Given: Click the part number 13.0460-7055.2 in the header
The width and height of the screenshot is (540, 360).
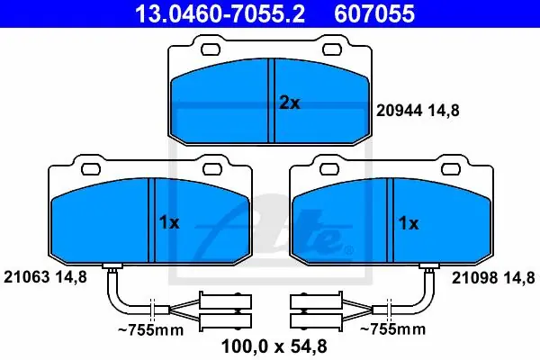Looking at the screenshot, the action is point(220,13).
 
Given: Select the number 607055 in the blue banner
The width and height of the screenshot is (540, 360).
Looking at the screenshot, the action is point(374,13).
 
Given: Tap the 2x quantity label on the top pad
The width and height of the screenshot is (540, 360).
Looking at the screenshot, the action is point(290,103).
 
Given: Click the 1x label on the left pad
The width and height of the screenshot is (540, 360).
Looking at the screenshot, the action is point(169,223).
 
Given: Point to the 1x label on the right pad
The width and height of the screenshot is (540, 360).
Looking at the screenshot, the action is point(409,223).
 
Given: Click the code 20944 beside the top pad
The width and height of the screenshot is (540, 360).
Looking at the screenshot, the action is point(399,111).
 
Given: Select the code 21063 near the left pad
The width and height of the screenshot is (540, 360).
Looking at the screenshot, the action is point(26,276).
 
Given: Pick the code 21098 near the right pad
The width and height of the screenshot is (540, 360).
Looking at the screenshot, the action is point(474,278).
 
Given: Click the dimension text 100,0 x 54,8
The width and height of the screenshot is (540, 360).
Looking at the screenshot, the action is point(274,346).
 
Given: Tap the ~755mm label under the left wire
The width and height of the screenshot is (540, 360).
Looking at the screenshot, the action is point(151,330).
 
